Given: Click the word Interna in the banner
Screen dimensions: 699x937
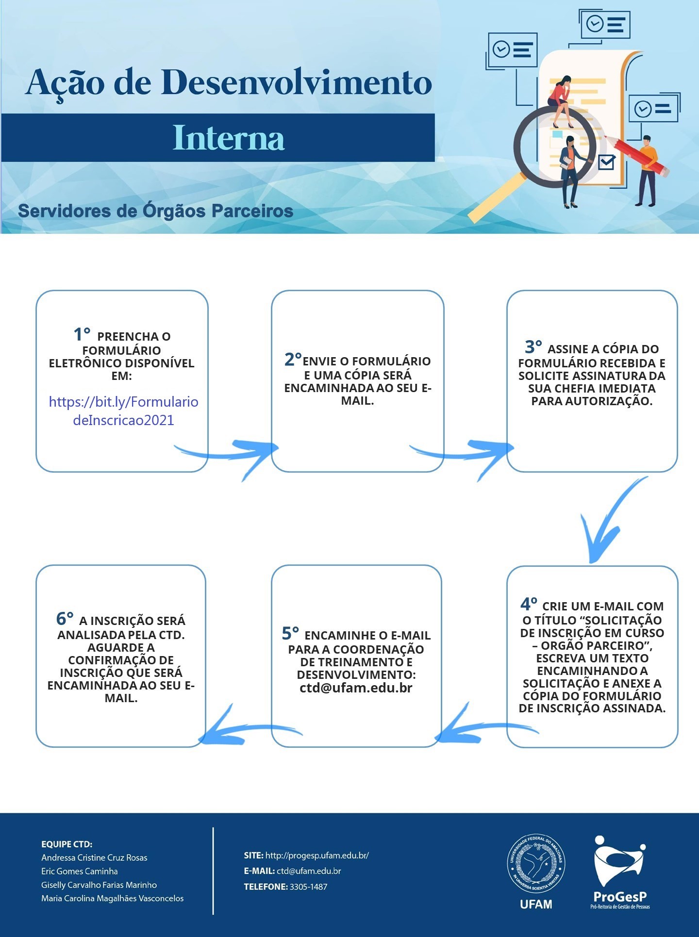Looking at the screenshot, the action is pos(228,138).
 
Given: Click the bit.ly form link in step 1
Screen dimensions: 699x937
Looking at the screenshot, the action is pos(124,411).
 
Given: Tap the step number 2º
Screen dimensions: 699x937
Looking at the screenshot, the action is pos(293,360).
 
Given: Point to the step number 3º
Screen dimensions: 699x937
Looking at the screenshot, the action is pos(533,347).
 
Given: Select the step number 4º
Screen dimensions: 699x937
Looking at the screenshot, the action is pos(529,604).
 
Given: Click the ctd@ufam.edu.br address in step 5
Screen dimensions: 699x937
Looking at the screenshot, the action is pos(356,688).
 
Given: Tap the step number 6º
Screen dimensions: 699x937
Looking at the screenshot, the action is pos(65,619).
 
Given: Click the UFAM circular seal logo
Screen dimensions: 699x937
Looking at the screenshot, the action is pos(536,864).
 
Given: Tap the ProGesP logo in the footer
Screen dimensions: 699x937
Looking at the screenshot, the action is pos(620,872).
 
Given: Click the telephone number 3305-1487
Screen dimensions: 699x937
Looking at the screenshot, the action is pos(308,887).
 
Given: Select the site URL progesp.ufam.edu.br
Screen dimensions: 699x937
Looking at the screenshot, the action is pos(317,855).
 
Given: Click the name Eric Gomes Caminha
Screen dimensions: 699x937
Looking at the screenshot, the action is pos(80,871).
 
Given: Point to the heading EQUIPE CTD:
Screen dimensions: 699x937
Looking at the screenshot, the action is pos(67,844).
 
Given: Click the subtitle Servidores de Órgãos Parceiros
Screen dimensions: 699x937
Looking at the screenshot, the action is pos(155,211).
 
